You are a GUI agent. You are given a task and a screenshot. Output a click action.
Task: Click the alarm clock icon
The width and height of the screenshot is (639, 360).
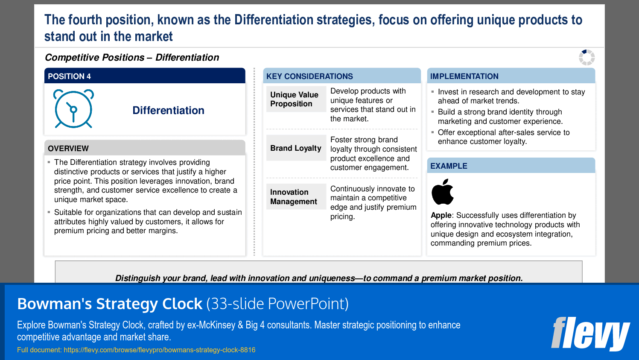coord(73,109)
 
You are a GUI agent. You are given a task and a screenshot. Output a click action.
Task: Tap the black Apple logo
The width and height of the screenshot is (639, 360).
coord(442,192)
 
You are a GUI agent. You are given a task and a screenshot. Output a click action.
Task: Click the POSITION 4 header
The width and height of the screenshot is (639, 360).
coord(69,76)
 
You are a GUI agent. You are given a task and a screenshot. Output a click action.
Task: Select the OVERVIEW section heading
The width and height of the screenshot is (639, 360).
coord(68,149)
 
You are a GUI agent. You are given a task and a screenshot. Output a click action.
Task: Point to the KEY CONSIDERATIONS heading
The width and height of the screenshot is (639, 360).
coord(309,76)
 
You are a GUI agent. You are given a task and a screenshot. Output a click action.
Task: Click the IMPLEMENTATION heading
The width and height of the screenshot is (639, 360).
coord(464,76)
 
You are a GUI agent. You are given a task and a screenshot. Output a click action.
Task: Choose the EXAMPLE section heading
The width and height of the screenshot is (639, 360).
coord(449,166)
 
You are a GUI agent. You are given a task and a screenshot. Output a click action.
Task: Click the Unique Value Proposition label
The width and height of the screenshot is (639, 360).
coord(295,99)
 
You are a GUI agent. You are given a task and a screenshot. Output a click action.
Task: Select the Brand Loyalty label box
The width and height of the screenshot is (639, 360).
coord(296,148)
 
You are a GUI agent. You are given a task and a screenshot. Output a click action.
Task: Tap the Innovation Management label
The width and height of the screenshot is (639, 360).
coord(294,197)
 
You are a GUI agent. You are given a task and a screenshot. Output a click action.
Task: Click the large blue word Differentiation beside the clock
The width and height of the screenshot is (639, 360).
coord(168,111)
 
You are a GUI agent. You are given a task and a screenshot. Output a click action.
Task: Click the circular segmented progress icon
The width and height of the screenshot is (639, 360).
coord(586,57)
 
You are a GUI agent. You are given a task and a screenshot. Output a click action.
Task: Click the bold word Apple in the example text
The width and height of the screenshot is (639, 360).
coord(441,215)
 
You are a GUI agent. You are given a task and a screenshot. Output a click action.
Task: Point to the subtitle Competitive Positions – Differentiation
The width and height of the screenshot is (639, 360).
coord(132,58)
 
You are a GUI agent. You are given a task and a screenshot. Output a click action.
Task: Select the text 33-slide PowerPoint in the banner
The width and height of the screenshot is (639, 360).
coord(277,304)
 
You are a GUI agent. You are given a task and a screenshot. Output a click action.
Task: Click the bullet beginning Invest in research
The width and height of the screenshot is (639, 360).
coord(511,97)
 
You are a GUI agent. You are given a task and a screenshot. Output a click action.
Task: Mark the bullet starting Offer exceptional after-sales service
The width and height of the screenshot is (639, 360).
coord(503,137)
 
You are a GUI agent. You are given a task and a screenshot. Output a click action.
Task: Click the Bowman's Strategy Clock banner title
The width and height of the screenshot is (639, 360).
coord(110,304)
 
